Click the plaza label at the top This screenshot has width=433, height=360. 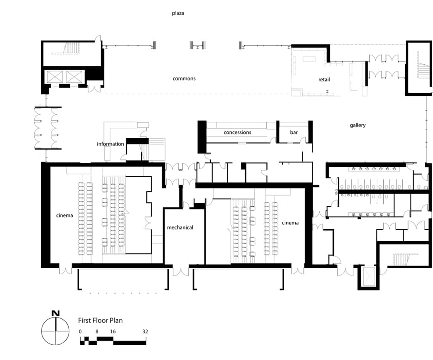coord(178,13)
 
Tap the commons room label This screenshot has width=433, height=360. coord(184,78)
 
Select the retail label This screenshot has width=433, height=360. coord(324,80)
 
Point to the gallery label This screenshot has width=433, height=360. coord(358,125)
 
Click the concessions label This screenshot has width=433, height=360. coord(237,132)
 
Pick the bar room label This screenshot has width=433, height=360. coord(294,132)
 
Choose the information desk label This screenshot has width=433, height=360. coord(110,144)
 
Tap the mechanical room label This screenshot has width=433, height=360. coord(180,227)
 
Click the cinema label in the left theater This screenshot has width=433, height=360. coord(65,215)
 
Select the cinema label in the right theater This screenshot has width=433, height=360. coord(290,223)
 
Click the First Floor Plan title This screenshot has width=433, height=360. coord(100,321)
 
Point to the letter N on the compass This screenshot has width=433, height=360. coord(55,313)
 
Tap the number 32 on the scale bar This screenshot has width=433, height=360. coord(145,331)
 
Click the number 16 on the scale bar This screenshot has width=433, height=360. coord(113,331)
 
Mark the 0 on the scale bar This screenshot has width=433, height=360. coord(80,331)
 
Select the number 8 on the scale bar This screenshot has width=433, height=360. coord(97,331)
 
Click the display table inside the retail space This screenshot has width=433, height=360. coord(309,59)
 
